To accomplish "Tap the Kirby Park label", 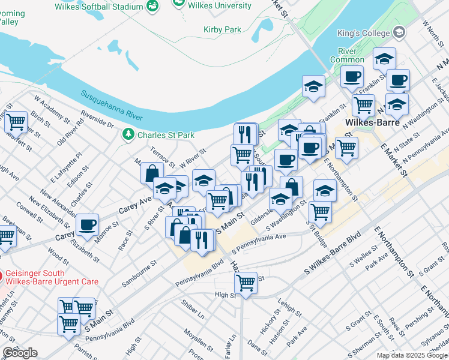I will pos(222,29).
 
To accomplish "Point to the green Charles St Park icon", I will pos(127,135).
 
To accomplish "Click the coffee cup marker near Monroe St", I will pos(88,225).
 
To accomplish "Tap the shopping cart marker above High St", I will pos(246,281).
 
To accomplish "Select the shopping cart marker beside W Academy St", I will pos(16,121).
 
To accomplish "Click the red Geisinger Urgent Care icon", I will pos(1,277).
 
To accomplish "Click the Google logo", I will pos(20,353).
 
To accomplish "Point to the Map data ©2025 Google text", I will pos(412,355).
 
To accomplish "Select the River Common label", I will pos(347,55).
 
